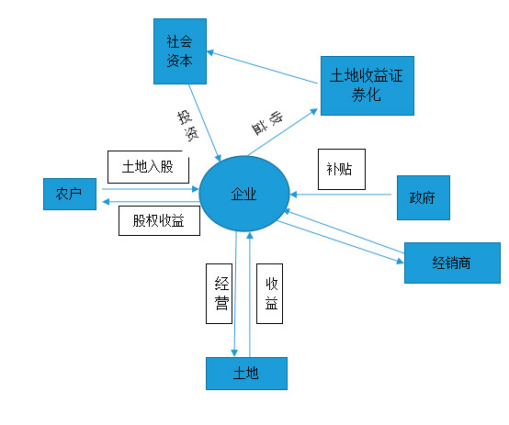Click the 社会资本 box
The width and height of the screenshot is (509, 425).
click(x=180, y=51)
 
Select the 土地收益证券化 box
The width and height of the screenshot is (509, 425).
click(x=368, y=85)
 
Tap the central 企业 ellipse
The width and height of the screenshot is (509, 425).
click(x=244, y=194)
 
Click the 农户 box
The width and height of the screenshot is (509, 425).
click(x=70, y=194)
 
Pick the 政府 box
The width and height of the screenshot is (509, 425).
click(x=424, y=197)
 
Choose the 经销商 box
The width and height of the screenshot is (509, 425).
click(x=452, y=263)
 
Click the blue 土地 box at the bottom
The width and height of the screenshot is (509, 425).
click(x=246, y=374)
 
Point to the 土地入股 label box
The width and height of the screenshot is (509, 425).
click(x=148, y=167)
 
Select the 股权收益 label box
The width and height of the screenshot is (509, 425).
click(x=159, y=220)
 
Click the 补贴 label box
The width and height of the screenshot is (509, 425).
click(x=342, y=169)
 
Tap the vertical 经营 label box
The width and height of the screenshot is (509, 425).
click(x=219, y=294)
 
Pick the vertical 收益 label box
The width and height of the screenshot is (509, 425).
click(x=269, y=294)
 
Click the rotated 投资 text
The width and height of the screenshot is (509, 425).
click(x=187, y=126)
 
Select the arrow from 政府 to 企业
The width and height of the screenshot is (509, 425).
click(x=341, y=195)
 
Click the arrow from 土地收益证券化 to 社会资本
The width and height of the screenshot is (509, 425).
click(x=262, y=67)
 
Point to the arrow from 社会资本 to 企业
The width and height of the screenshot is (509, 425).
click(x=205, y=123)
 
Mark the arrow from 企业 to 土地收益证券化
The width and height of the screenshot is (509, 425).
click(x=282, y=132)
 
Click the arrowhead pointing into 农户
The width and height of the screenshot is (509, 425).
click(x=106, y=202)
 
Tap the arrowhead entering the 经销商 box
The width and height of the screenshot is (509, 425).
click(x=401, y=262)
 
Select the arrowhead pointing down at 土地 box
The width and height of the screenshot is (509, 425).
click(x=234, y=352)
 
